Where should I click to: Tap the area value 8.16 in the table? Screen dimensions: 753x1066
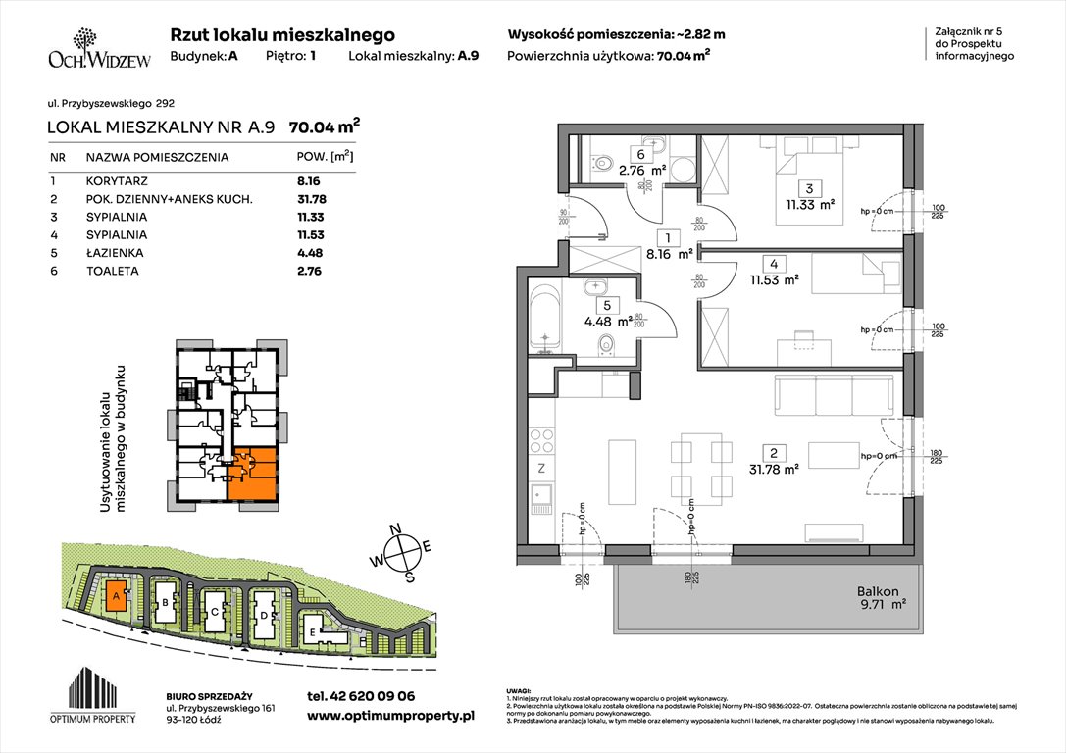click(x=310, y=181)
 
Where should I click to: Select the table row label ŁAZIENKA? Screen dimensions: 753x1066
click(x=113, y=253)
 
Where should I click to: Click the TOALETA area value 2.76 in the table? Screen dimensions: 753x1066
click(x=310, y=271)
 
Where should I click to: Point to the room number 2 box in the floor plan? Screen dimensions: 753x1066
click(x=774, y=453)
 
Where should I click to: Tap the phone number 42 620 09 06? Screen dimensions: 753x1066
click(x=360, y=696)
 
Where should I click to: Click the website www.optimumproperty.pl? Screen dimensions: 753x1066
click(x=389, y=717)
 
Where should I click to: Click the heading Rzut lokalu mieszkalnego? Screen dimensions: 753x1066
click(x=282, y=34)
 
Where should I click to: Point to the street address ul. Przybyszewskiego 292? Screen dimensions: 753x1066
click(x=111, y=102)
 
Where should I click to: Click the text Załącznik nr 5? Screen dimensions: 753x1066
click(x=970, y=33)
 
